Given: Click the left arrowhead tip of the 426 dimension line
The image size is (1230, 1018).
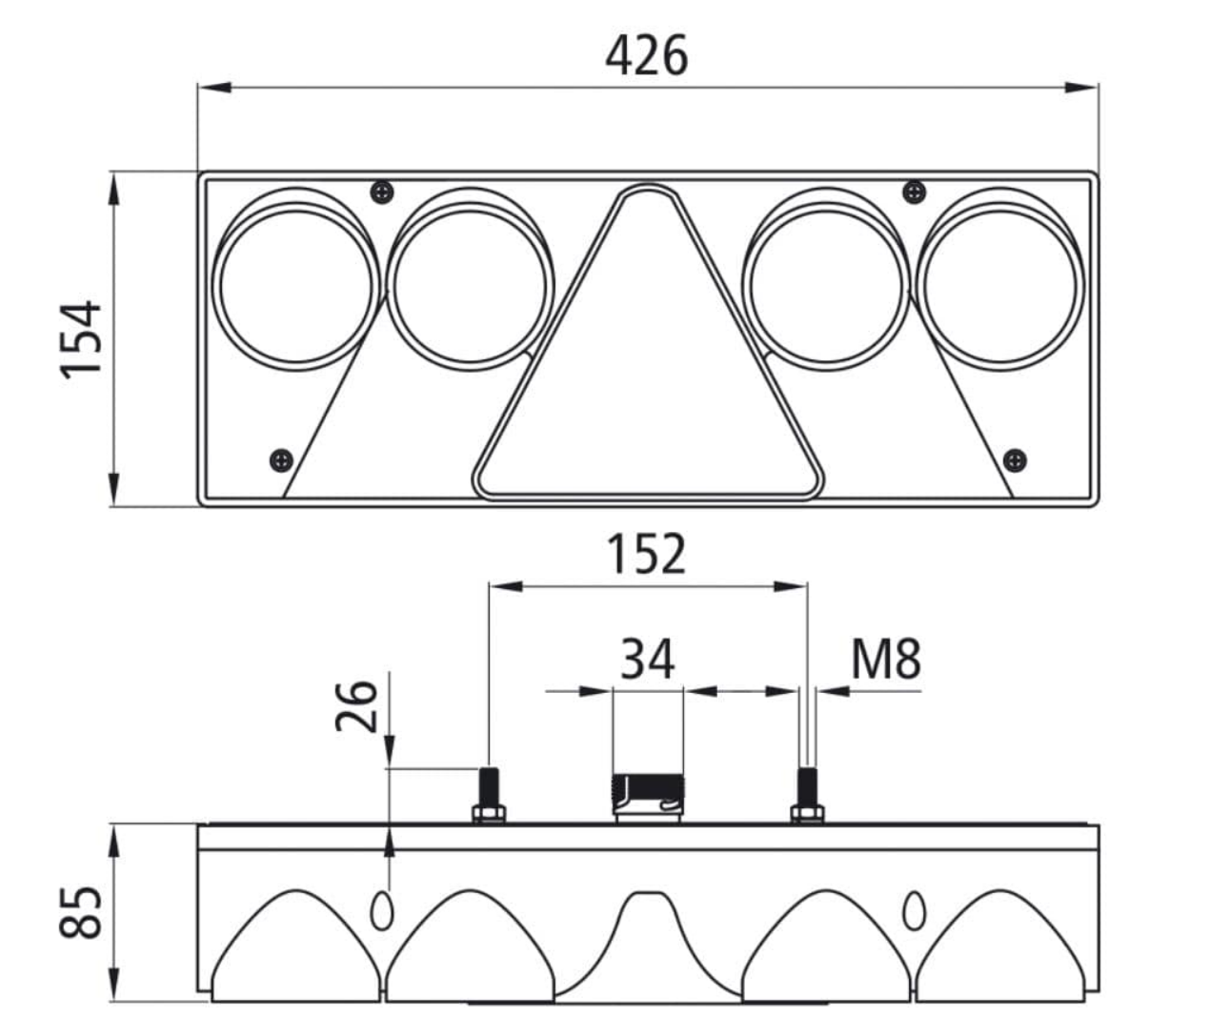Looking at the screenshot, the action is (199, 88).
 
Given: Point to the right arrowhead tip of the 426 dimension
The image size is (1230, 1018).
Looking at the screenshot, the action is (1098, 88).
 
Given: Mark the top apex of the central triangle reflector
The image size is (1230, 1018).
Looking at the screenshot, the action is (648, 185).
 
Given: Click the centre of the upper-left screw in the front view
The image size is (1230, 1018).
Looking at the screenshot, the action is (382, 192).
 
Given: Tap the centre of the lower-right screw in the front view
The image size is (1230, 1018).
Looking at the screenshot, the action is (1015, 459).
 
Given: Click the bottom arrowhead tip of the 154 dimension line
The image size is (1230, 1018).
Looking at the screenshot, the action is (114, 506).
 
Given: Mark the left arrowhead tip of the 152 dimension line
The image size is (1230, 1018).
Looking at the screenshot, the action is (490, 586).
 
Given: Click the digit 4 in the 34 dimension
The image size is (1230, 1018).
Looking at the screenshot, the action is (662, 659).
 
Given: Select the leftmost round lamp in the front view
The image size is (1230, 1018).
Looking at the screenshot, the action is (296, 280).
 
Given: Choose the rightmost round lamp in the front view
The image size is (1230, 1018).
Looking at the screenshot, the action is (1000, 280).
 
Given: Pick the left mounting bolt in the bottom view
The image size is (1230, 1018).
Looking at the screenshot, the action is (489, 795).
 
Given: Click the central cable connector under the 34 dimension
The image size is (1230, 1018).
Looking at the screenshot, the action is (648, 800).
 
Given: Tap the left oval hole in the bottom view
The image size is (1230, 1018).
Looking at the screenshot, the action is (382, 912).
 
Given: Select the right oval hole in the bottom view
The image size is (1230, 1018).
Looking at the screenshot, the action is (915, 912).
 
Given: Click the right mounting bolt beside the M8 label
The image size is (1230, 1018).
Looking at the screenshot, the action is (808, 795).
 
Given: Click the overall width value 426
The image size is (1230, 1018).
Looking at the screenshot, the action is (647, 55).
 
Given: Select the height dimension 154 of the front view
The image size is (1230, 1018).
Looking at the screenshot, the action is (81, 339).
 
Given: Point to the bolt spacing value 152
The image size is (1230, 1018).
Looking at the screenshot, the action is (647, 554).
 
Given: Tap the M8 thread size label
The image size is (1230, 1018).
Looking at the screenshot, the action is (886, 659).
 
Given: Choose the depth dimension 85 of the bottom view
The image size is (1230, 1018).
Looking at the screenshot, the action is (81, 912).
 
